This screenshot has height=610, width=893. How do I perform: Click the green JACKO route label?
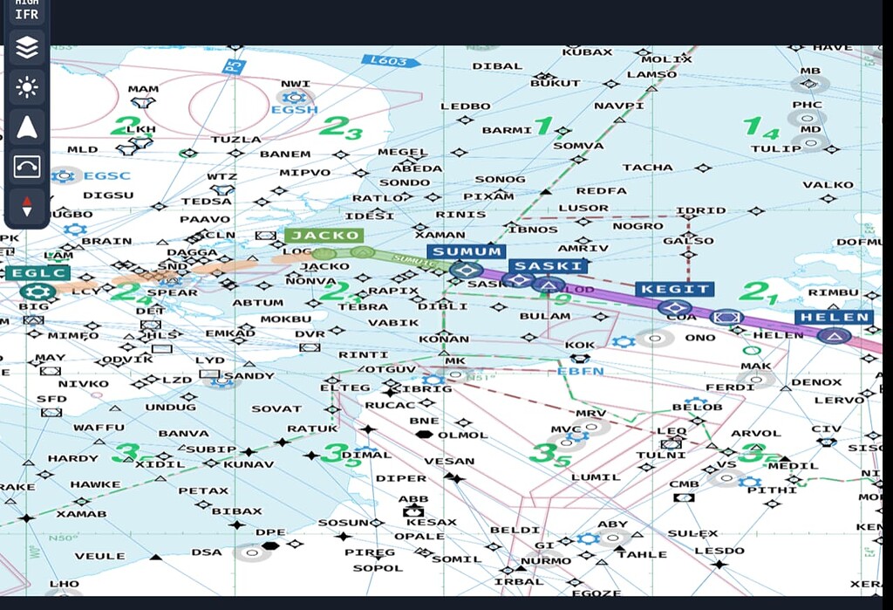pos(324,236)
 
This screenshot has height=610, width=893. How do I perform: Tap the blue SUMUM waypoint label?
pos(467,251)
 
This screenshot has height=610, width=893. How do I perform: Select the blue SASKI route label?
pos(548,266)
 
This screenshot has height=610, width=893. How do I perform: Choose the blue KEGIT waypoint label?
pos(675,289)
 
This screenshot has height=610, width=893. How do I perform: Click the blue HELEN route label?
pos(834,318)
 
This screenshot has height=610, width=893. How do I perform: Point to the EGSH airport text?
pos(295,110)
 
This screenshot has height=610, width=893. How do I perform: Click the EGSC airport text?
pos(106,175)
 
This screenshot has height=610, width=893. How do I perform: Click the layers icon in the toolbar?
pos(27,49)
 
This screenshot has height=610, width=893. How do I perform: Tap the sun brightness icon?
pos(27,87)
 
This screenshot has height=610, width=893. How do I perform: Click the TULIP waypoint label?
pos(776,148)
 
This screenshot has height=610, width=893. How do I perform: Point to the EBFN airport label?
pos(580,371)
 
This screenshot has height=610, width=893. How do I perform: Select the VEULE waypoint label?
pos(99,556)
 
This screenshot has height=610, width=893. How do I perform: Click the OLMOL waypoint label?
pos(463,435)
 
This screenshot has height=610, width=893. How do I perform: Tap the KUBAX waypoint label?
pos(587,52)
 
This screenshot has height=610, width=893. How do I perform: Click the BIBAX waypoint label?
pos(236,511)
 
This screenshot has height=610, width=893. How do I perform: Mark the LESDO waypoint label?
pos(719,551)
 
